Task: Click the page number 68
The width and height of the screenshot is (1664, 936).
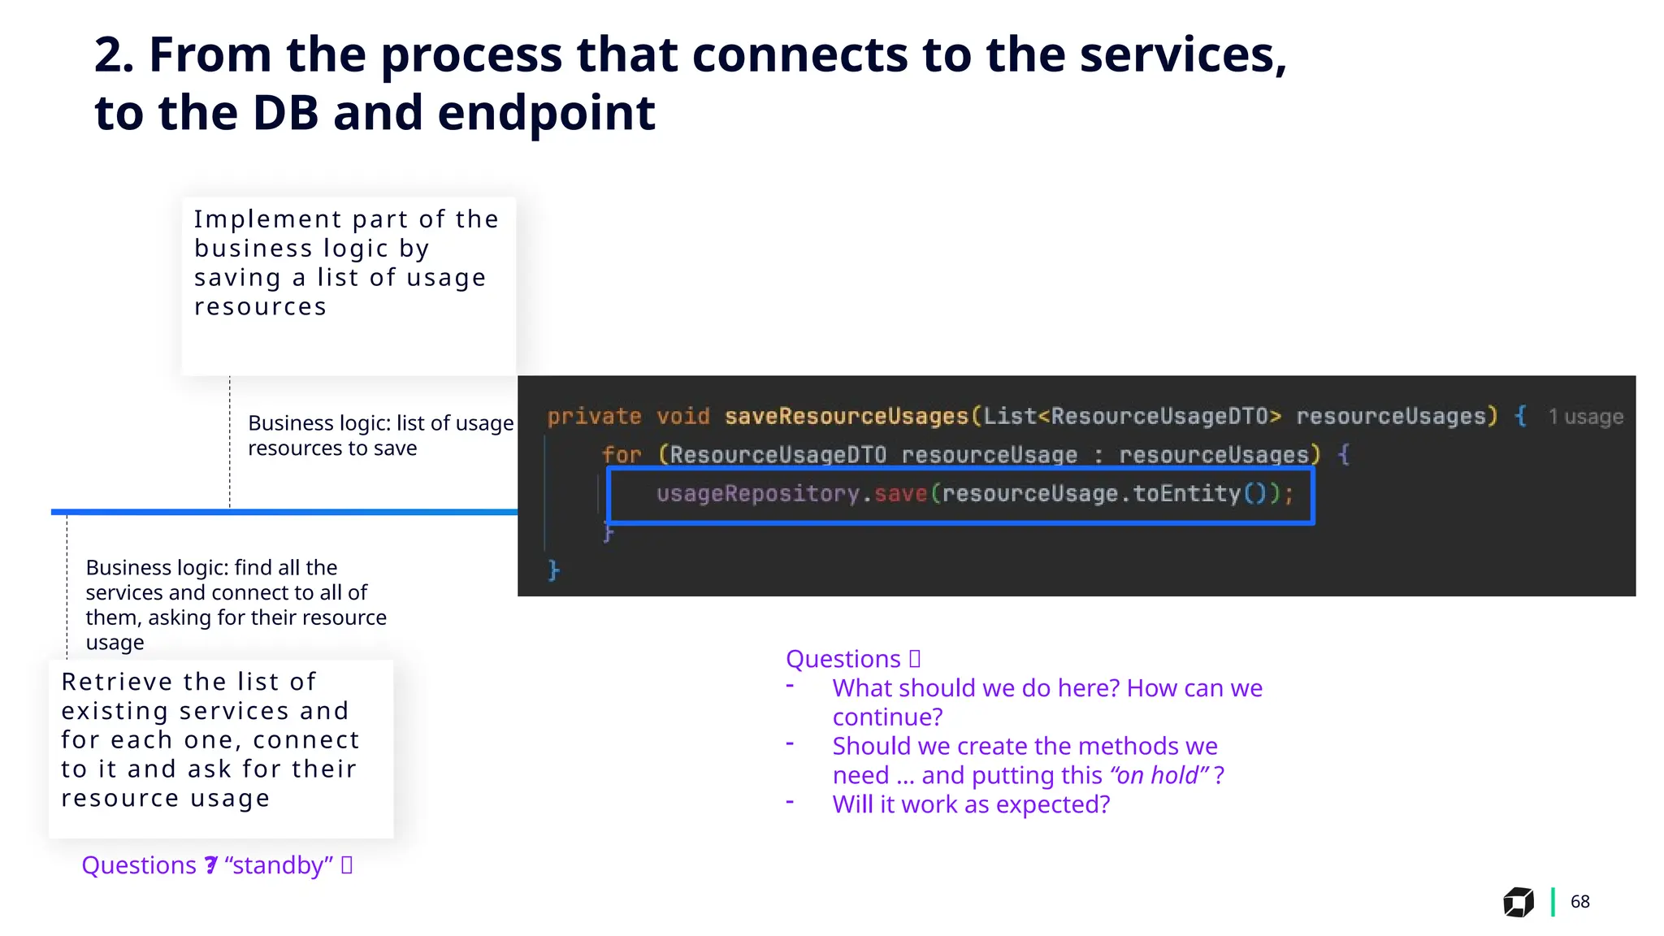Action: [x=1579, y=902]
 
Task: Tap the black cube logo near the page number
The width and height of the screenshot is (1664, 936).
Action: [x=1518, y=902]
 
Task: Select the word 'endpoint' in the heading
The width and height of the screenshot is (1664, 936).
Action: [x=546, y=113]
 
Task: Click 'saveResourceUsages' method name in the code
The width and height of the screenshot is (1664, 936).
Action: [x=847, y=417]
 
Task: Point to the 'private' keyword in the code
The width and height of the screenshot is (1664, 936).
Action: [x=594, y=417]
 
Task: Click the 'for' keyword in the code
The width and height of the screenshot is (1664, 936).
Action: [x=622, y=455]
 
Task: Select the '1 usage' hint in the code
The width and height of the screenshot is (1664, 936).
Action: [x=1585, y=418]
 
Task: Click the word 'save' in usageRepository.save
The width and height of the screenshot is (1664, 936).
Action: [x=900, y=494]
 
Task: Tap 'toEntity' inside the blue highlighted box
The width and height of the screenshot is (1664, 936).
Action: [x=1186, y=494]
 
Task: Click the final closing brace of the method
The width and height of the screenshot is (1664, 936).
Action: [x=554, y=570]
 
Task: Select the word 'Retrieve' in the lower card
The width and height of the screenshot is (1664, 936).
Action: [x=117, y=682]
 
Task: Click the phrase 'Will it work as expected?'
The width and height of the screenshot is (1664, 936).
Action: [x=971, y=804]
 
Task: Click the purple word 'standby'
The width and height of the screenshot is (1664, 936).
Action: [x=279, y=865]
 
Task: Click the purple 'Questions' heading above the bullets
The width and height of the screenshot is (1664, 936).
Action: [x=843, y=659]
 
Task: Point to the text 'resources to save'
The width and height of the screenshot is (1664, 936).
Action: [x=332, y=448]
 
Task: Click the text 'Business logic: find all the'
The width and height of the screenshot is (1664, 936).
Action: [x=211, y=567]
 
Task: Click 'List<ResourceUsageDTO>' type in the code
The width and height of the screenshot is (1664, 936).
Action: [x=1132, y=417]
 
